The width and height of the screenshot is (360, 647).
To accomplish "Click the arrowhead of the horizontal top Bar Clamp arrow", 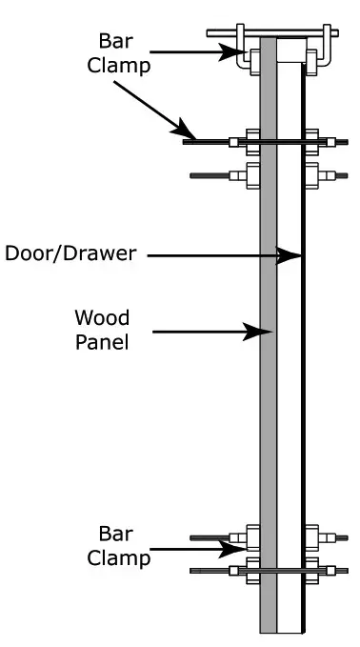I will (241, 54).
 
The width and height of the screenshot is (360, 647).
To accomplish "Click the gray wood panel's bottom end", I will (269, 624).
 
